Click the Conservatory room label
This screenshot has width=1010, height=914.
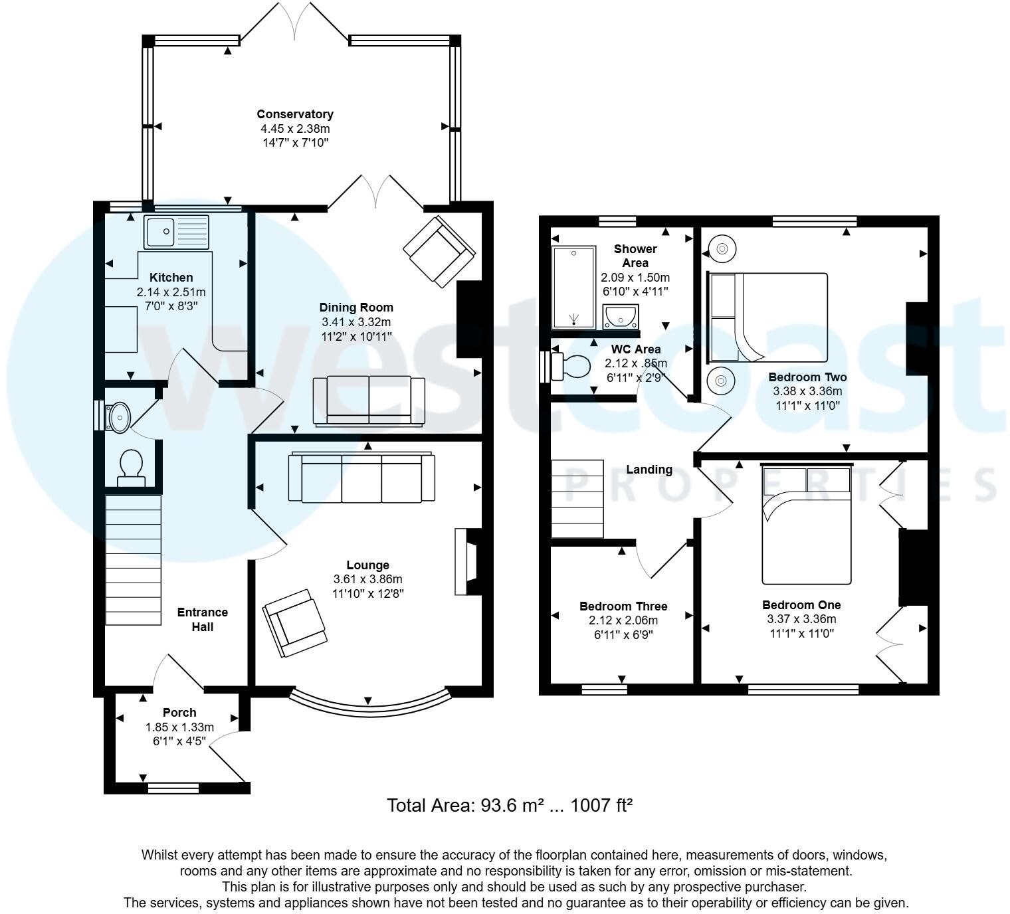295,114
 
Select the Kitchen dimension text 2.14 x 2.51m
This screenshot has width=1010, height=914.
171,292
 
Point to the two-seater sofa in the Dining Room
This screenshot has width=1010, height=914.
369,401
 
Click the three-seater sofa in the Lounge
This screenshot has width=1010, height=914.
361,478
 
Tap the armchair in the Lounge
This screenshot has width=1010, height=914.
295,623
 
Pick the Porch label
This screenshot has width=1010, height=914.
179,713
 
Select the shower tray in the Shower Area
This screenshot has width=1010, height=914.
575,288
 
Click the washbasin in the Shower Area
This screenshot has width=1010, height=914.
621,317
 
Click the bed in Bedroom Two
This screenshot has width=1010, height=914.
769,318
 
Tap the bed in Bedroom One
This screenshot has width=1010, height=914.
807,525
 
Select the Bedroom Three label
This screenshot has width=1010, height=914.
623,606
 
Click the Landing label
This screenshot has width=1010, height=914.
649,470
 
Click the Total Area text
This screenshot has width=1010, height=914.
509,806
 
